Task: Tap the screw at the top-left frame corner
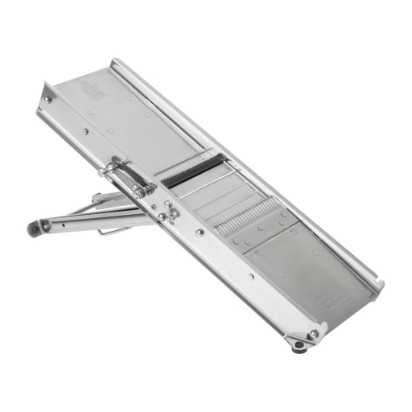coord(48,99)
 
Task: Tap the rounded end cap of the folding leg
coord(35,228)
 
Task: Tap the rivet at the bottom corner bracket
coord(312,333)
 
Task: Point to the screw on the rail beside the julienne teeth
coord(200,232)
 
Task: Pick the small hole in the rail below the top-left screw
coord(85,131)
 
